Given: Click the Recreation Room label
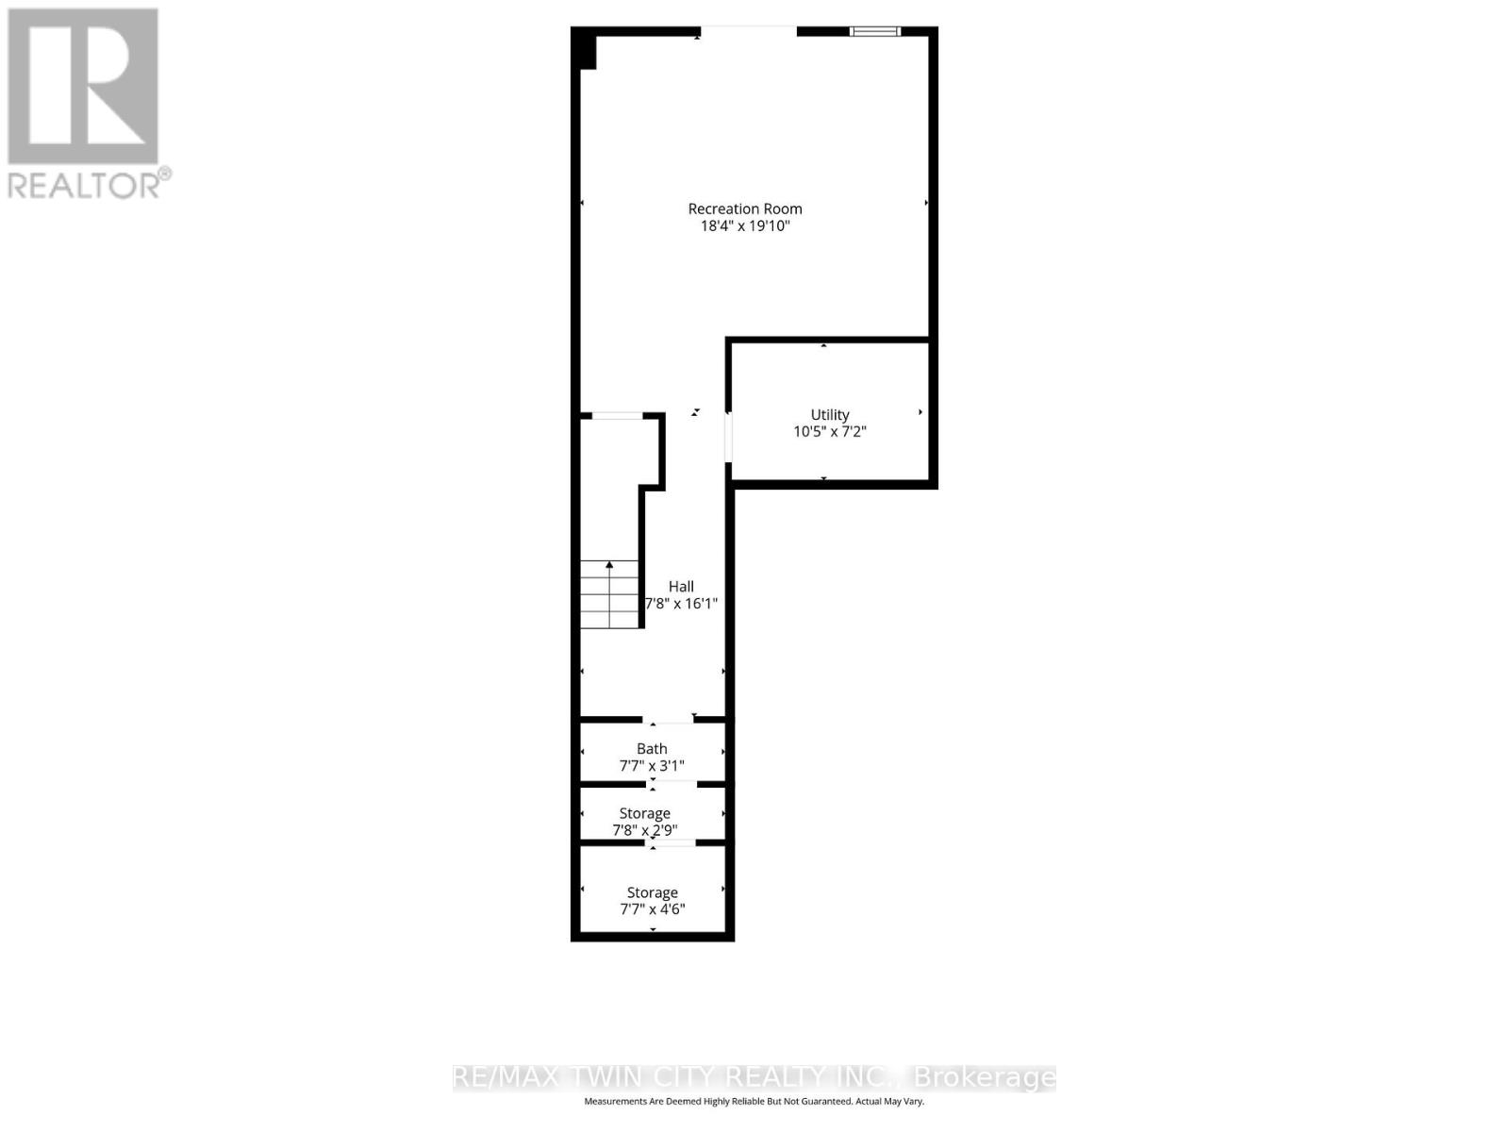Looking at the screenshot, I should [745, 208].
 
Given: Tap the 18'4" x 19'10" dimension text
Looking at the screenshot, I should [745, 226].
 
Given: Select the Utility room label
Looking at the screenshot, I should [830, 414].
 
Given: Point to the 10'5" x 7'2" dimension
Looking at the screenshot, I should [830, 432].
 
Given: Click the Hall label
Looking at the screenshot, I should [681, 586].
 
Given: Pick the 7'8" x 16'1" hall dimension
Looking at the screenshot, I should [681, 604].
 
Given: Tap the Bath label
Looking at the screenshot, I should [652, 748].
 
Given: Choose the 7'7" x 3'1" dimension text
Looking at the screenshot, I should [652, 766].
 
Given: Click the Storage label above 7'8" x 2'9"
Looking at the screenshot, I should [645, 813].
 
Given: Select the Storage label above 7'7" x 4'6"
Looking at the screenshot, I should [653, 892].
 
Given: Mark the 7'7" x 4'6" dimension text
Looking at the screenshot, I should [653, 910].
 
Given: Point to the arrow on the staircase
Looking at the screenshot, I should [609, 566].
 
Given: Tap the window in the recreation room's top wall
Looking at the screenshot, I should [875, 31].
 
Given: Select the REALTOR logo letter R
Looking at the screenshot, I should [83, 86].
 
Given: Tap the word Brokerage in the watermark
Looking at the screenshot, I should [985, 1077].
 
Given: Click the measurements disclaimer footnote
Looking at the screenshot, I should [754, 1102].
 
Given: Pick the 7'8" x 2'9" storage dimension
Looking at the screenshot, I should [645, 831].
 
